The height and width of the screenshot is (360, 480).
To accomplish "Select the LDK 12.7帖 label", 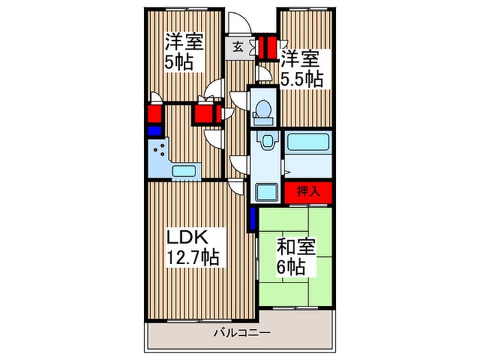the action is pyautogui.click(x=192, y=247).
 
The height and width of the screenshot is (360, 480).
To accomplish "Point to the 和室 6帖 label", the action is pyautogui.click(x=296, y=256).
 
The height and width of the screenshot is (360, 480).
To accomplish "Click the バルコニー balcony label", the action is pyautogui.click(x=242, y=332).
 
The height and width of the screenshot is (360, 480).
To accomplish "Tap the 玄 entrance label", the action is pyautogui.click(x=237, y=47).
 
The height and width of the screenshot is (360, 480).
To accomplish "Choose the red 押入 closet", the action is pyautogui.click(x=309, y=192).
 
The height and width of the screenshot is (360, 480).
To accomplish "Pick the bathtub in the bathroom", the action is pyautogui.click(x=309, y=142).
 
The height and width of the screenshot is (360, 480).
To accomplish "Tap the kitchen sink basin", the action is pyautogui.click(x=184, y=171).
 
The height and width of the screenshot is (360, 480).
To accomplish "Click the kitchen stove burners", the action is pyautogui.click(x=159, y=150).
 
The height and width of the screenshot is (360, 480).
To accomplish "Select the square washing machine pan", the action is pyautogui.click(x=267, y=192).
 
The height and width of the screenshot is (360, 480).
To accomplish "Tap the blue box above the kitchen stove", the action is pyautogui.click(x=155, y=131).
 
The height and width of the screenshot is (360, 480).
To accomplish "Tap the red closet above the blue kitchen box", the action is pyautogui.click(x=155, y=112).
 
